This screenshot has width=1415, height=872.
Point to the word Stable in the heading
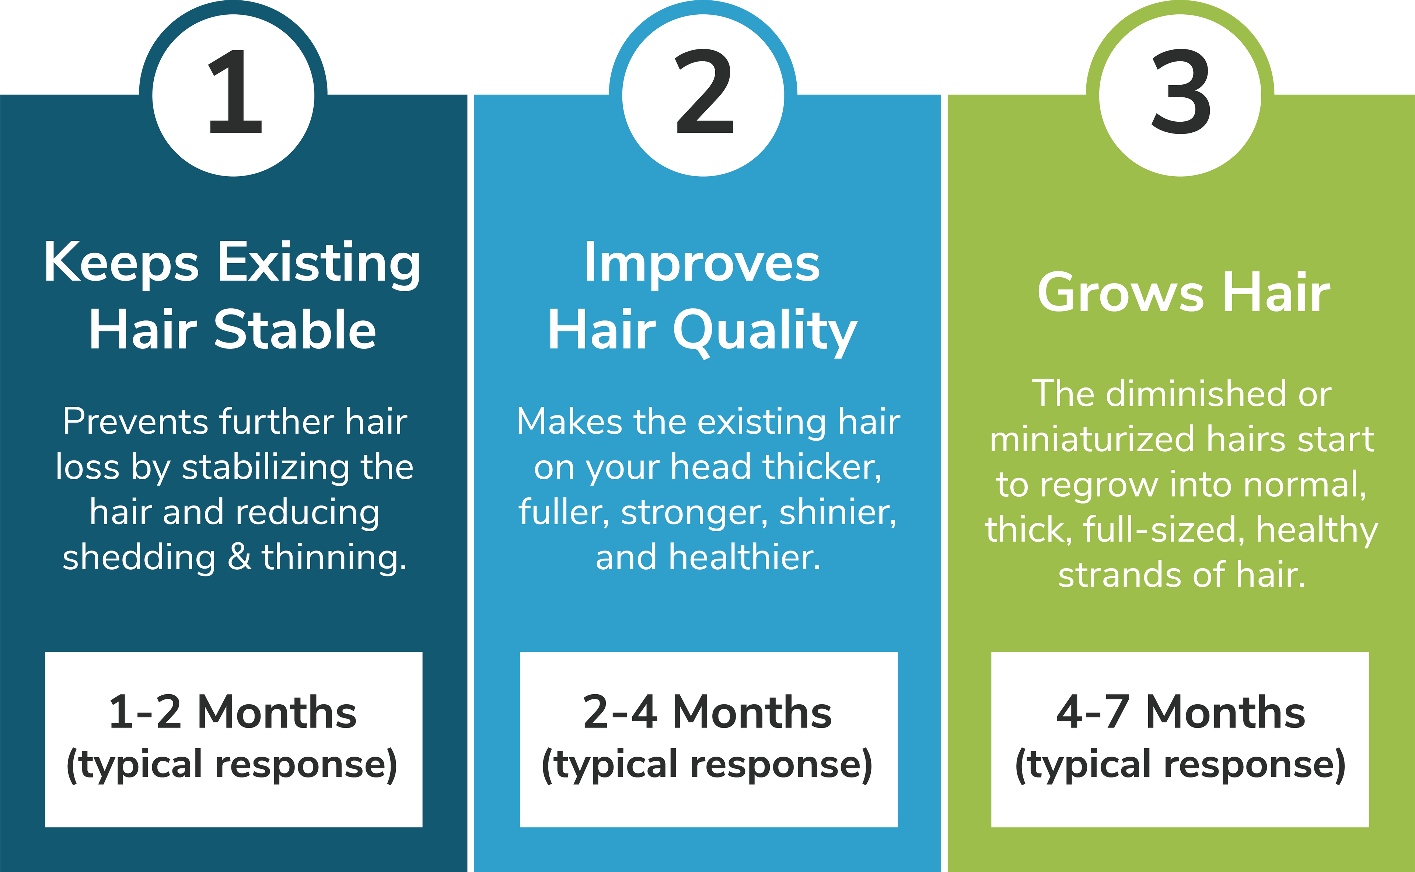(x=295, y=330)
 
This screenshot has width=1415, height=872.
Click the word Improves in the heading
(x=702, y=264)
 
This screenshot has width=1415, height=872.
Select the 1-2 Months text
(x=233, y=712)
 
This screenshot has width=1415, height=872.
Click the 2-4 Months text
(x=707, y=712)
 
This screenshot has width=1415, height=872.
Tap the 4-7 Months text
(x=1180, y=712)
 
